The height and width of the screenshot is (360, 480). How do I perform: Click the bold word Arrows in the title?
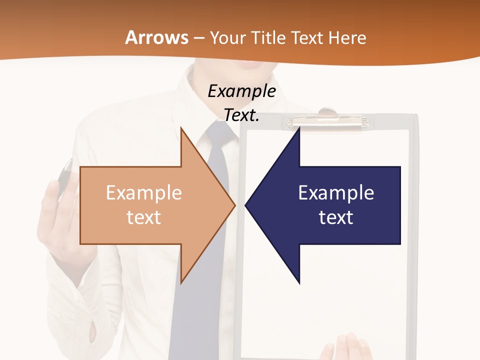pos(157,38)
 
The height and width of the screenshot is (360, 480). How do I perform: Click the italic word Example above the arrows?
pos(241,91)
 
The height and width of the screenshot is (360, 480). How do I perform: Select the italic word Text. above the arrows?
pos(241,115)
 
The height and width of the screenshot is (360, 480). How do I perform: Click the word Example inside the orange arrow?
pos(143,192)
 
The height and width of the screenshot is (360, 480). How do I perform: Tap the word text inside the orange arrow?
pos(143,217)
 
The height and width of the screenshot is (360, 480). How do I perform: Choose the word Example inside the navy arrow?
pos(336,192)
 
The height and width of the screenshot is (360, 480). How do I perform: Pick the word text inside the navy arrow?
pos(336,217)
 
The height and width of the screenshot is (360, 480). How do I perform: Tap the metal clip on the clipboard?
pos(327,118)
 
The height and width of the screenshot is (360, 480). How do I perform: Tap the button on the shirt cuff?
pos(93,330)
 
